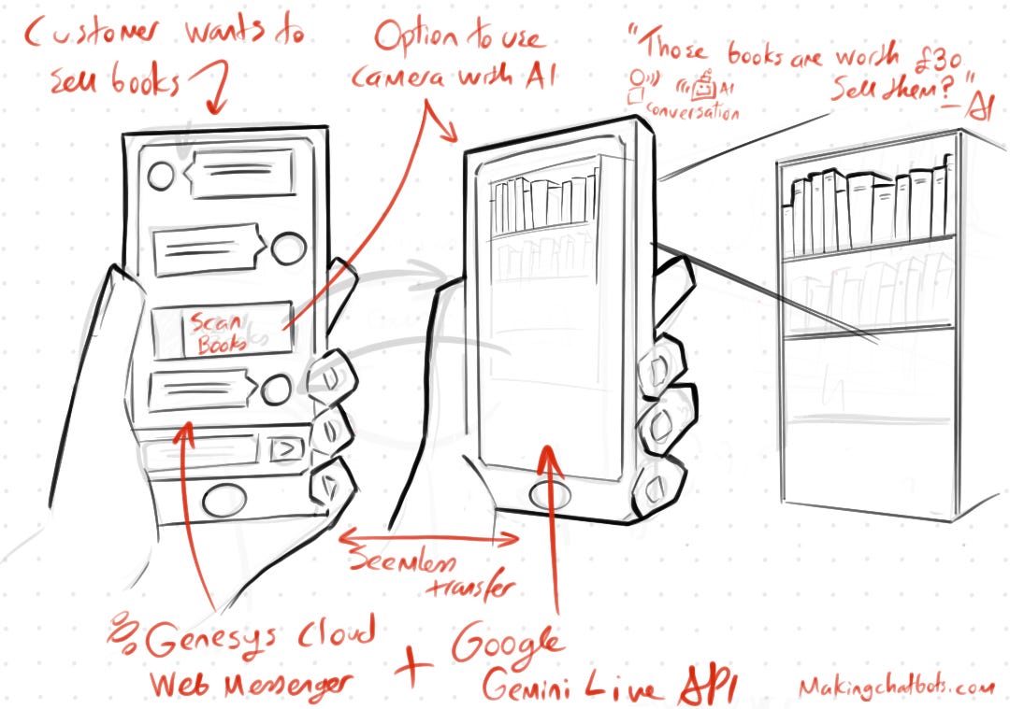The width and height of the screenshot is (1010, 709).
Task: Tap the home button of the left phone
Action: click(x=222, y=502)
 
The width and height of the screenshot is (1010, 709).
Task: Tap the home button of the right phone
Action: click(x=547, y=495)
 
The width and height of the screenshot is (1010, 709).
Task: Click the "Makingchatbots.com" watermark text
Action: click(x=896, y=687)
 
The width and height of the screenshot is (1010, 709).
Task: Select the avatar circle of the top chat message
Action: click(x=162, y=175)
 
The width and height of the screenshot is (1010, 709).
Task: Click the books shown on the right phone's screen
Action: click(x=543, y=205)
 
